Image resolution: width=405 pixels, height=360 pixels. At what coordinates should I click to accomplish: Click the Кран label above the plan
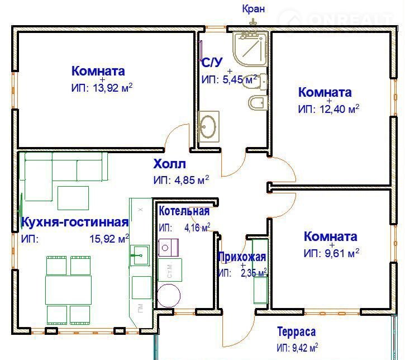pyautogui.click(x=254, y=9)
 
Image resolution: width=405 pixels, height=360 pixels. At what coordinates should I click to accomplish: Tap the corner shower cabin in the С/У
pyautogui.click(x=250, y=49)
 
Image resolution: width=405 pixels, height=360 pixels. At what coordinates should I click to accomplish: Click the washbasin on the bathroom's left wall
pyautogui.click(x=208, y=126)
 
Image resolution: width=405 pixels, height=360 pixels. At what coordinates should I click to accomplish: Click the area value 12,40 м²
pyautogui.click(x=340, y=109)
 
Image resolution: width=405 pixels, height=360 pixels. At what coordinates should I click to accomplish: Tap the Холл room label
pyautogui.click(x=169, y=164)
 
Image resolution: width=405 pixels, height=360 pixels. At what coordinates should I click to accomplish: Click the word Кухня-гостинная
pyautogui.click(x=75, y=222)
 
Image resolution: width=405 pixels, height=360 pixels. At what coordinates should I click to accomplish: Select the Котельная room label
pyautogui.click(x=184, y=211)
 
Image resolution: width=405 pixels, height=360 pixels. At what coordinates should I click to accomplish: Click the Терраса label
pyautogui.click(x=296, y=332)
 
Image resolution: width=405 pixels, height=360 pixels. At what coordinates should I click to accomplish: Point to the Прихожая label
pyautogui.click(x=242, y=257)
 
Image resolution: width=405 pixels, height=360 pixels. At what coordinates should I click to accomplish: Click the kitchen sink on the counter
pyautogui.click(x=140, y=255)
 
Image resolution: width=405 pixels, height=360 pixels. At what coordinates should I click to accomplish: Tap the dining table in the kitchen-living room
pyautogui.click(x=69, y=290)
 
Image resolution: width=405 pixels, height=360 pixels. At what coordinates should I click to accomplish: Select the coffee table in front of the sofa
pyautogui.click(x=73, y=198)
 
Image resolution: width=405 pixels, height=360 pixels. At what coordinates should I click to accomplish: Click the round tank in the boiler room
pyautogui.click(x=169, y=295)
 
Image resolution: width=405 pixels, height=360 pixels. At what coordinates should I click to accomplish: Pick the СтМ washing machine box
pyautogui.click(x=170, y=270)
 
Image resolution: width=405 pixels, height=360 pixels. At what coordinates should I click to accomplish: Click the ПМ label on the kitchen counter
pyautogui.click(x=141, y=308)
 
